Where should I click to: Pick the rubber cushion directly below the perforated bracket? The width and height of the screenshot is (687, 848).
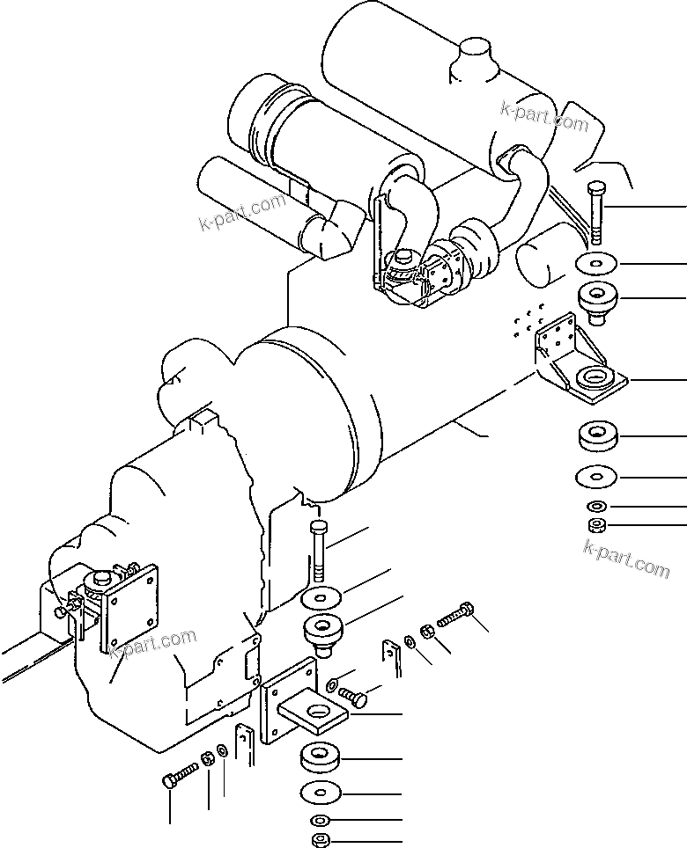coord(598,436)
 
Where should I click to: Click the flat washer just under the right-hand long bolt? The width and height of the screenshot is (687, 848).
coord(596,263)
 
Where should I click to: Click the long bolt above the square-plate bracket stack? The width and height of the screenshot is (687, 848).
coord(318,552)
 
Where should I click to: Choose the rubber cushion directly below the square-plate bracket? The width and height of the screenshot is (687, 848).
coord(321,759)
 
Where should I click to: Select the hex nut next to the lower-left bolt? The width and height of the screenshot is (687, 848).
coord(207,759)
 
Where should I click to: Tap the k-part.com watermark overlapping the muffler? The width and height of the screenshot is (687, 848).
coord(543,116)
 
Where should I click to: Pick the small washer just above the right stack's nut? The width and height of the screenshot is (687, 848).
coord(598,506)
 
